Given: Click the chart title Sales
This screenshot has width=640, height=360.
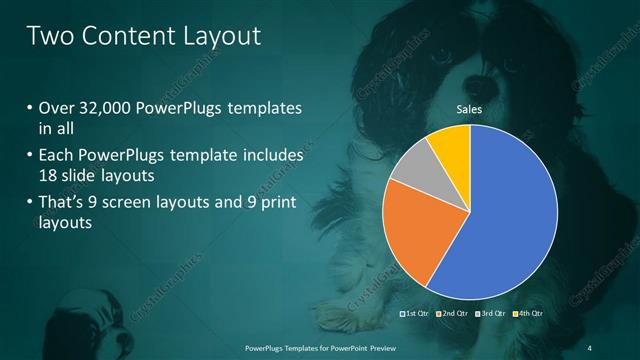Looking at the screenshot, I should point(470,109).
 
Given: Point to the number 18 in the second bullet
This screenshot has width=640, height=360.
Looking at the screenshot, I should point(48,177).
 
